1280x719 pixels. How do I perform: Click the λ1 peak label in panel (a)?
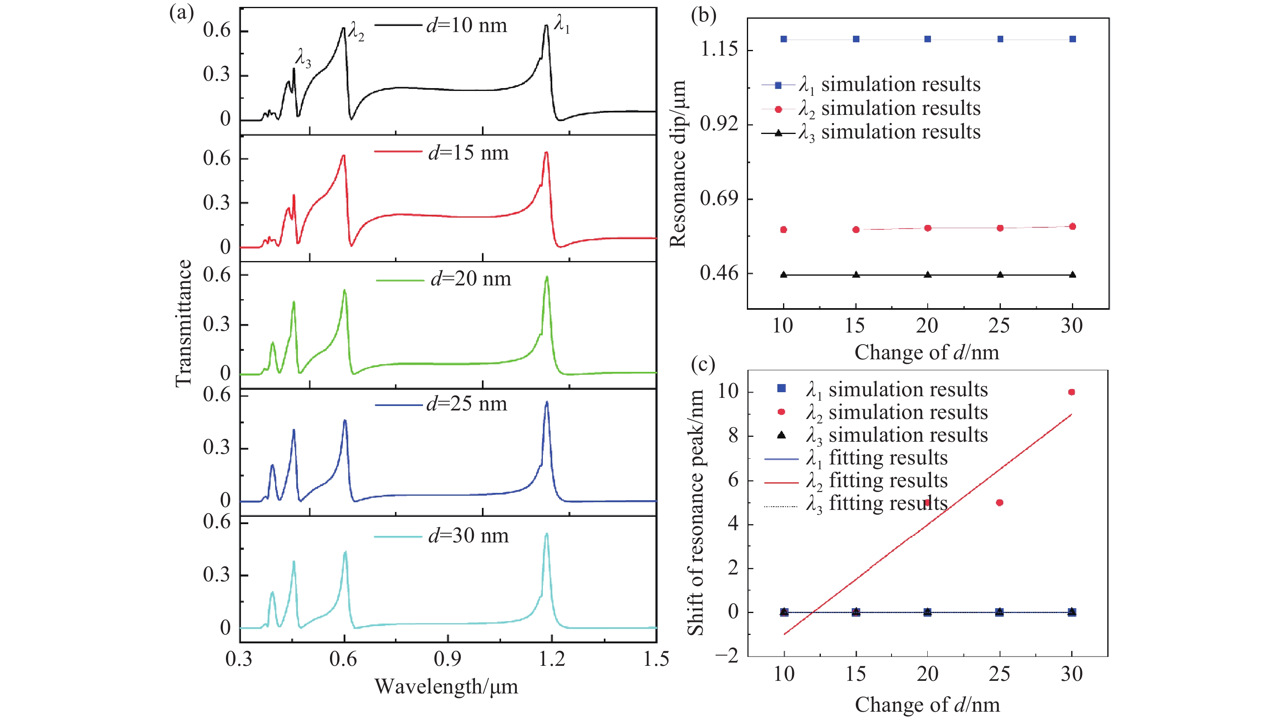click(562, 24)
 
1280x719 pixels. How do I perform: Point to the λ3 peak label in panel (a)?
click(303, 58)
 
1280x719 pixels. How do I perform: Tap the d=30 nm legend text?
click(468, 536)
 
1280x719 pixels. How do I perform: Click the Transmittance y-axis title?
click(184, 323)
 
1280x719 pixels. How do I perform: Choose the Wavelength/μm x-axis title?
click(446, 687)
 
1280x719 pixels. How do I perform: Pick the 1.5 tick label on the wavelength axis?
click(656, 659)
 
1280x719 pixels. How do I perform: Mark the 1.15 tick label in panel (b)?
click(718, 50)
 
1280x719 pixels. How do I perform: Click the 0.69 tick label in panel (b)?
click(718, 199)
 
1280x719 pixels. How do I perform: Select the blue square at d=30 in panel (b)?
click(1073, 39)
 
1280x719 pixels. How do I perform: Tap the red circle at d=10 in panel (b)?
click(783, 229)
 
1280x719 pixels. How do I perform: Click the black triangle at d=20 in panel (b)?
click(928, 274)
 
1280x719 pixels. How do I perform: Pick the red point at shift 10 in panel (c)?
click(1072, 392)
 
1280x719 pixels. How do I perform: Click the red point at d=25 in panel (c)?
click(1000, 503)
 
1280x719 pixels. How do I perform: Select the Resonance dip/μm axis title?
click(678, 164)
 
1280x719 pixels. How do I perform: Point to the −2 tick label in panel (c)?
click(727, 656)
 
